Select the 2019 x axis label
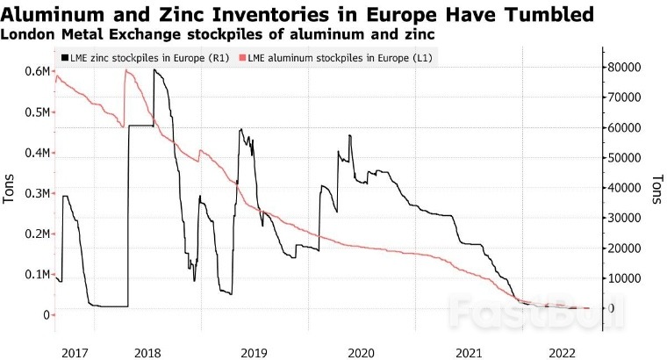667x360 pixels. click(x=254, y=351)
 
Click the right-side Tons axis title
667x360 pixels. click(x=656, y=189)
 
